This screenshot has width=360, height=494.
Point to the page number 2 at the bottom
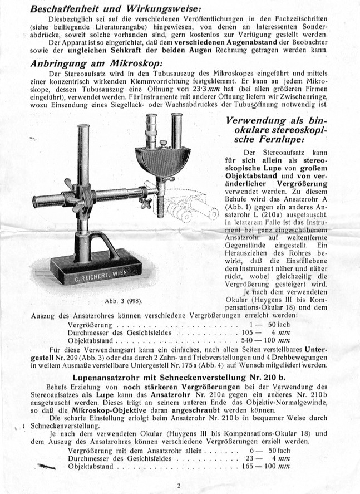(x=179, y=486)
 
